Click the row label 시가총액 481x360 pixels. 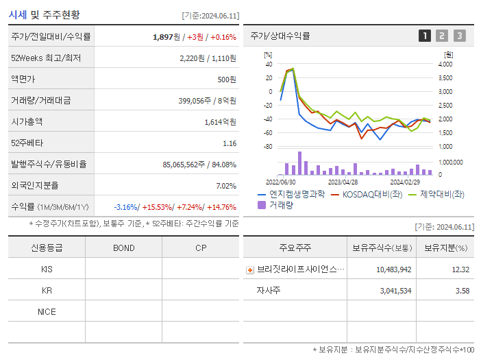click(27, 122)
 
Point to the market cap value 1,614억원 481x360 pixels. click(220, 122)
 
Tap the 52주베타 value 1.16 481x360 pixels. click(230, 143)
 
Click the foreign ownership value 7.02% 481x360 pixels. click(226, 186)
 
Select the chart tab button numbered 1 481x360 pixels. click(425, 36)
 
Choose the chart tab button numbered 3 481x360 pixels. click(459, 36)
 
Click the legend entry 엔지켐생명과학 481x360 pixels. click(295, 194)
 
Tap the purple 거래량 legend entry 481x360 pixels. click(277, 204)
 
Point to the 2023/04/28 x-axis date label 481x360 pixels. click(343, 182)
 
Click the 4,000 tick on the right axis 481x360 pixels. click(445, 64)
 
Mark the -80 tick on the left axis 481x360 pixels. click(268, 146)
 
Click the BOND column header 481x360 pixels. click(123, 248)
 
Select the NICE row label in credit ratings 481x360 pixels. click(47, 312)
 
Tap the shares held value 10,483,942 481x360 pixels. click(394, 269)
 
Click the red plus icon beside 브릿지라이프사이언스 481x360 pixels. click(250, 270)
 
